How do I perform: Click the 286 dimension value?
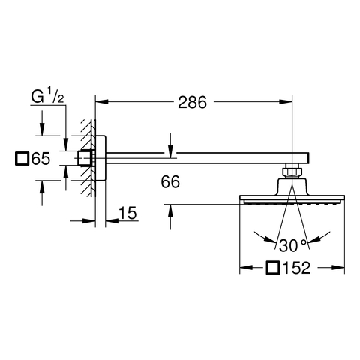pyautogui.click(x=192, y=102)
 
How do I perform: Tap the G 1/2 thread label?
pyautogui.click(x=47, y=97)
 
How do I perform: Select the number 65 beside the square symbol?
pyautogui.click(x=41, y=158)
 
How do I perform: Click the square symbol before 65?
pyautogui.click(x=22, y=158)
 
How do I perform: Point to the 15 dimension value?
pyautogui.click(x=127, y=213)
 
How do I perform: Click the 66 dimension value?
pyautogui.click(x=170, y=182)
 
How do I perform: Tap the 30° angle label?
pyautogui.click(x=292, y=245)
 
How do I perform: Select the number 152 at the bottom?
pyautogui.click(x=296, y=268)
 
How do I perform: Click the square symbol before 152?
pyautogui.click(x=272, y=268)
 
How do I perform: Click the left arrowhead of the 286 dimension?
pyautogui.click(x=102, y=102)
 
